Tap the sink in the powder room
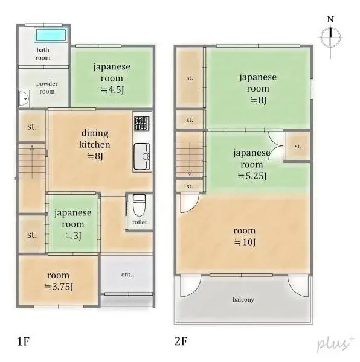24,97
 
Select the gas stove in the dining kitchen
141,124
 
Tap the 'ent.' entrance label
126,275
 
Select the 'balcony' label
243,299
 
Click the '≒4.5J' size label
112,89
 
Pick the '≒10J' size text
244,243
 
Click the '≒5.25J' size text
252,176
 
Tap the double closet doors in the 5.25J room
275,147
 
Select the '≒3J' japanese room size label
72,235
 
